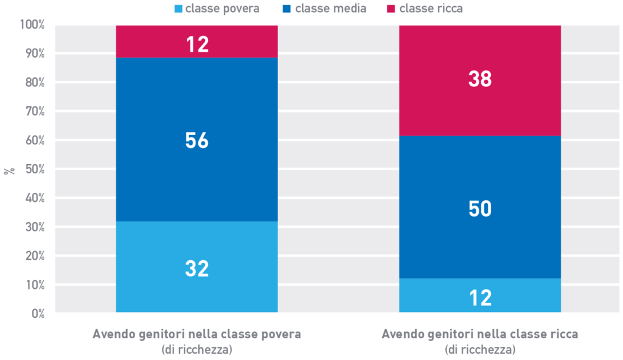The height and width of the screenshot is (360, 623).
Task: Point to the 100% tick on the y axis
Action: pyautogui.click(x=32, y=25)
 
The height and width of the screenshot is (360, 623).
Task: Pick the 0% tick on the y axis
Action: pyautogui.click(x=37, y=314)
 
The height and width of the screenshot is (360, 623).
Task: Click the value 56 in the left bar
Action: pyautogui.click(x=197, y=141)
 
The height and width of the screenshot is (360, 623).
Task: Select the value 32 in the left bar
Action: pyautogui.click(x=197, y=269)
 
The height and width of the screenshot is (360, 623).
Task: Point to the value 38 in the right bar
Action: pyautogui.click(x=480, y=79)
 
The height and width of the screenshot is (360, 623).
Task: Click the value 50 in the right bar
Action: pyautogui.click(x=480, y=209)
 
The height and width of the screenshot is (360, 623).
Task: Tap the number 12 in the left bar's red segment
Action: pyautogui.click(x=197, y=44)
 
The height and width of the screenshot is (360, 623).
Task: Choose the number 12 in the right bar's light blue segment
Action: pyautogui.click(x=480, y=298)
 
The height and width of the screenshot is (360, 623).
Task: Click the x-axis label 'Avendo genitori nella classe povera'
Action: pyautogui.click(x=197, y=335)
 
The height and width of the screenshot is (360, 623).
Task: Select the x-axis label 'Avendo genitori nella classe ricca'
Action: pyautogui.click(x=480, y=335)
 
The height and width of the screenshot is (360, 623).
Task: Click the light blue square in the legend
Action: pyautogui.click(x=178, y=9)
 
